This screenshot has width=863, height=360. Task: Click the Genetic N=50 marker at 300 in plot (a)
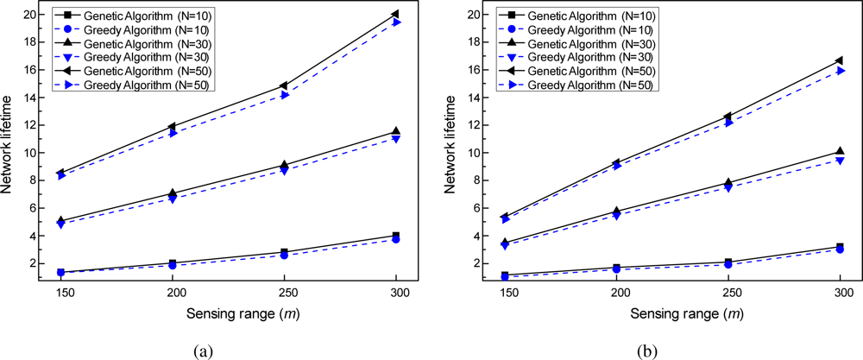395,15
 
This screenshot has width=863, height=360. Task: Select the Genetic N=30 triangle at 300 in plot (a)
396,131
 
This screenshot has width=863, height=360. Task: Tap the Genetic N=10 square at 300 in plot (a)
396,236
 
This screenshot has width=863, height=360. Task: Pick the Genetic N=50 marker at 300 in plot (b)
840,60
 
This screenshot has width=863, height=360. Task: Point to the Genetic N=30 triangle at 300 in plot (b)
841,151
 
